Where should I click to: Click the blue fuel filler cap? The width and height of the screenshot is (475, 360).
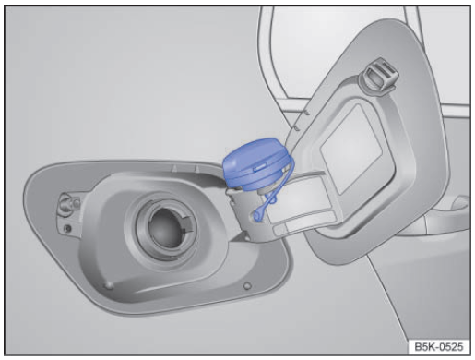click(256, 163)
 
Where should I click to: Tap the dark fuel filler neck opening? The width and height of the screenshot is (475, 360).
click(165, 228)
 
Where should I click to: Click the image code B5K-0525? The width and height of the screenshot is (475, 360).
click(438, 347)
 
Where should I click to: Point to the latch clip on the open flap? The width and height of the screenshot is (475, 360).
click(379, 76)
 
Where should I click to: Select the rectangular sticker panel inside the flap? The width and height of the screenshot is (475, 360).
click(351, 150)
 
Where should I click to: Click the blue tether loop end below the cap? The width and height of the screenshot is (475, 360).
click(257, 215)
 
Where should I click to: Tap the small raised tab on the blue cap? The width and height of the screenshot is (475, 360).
click(260, 167)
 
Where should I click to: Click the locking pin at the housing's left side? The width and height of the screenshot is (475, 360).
click(67, 203)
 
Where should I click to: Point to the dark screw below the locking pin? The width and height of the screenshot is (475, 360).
click(67, 229)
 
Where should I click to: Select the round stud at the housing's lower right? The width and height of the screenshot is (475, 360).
click(247, 286)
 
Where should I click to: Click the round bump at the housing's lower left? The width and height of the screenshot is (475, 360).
click(109, 285)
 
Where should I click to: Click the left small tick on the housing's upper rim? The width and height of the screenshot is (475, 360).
click(173, 168)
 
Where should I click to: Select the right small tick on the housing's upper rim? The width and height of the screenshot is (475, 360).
click(196, 169)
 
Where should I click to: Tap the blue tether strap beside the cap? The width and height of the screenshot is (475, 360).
click(279, 185)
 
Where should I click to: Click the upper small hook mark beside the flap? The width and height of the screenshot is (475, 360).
click(306, 113)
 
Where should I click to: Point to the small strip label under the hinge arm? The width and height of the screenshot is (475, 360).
click(279, 230)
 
